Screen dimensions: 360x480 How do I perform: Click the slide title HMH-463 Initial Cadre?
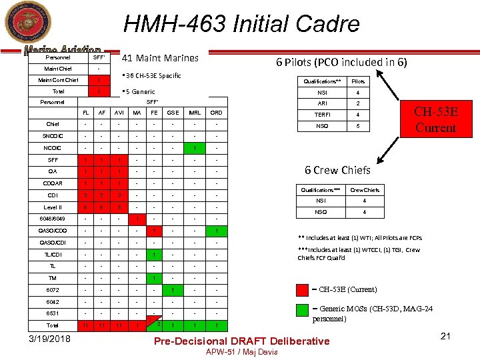tap(241, 25)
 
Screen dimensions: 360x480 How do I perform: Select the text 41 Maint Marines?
tap(160, 58)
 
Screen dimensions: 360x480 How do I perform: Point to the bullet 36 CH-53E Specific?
tap(151, 75)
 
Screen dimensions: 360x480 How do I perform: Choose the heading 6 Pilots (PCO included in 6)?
tap(341, 62)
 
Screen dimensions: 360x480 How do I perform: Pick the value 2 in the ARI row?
tap(358, 103)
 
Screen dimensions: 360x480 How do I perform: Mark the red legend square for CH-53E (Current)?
tap(301, 289)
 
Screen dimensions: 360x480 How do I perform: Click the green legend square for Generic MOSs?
tap(301, 309)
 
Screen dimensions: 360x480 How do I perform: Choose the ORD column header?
tap(217, 113)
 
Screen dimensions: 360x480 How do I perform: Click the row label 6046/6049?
tap(53, 218)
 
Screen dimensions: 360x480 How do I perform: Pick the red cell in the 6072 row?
tap(173, 290)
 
